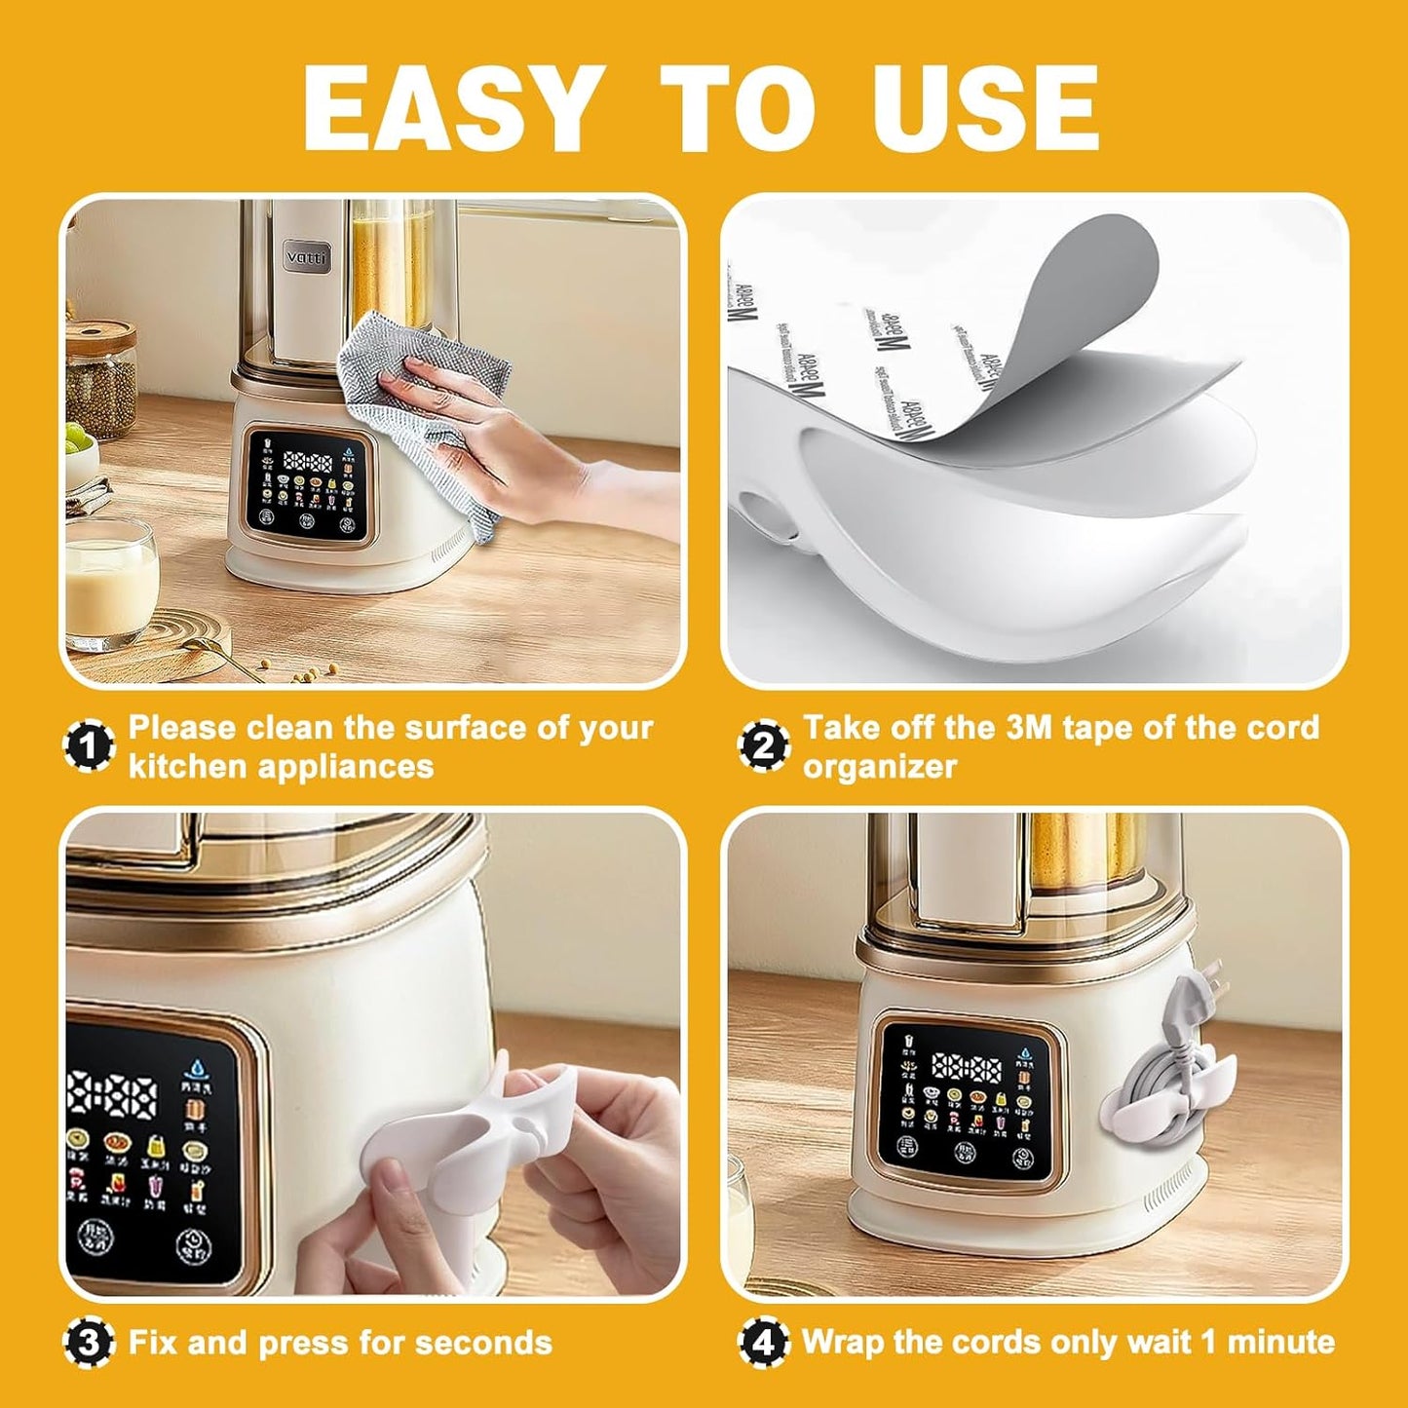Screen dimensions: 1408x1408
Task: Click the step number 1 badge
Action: point(90,747)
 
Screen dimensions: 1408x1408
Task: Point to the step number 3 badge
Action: point(90,1344)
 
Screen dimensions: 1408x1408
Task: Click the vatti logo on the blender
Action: point(308,257)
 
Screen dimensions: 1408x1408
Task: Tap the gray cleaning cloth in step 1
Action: point(429,409)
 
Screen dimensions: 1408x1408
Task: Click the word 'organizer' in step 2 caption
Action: point(879,766)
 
